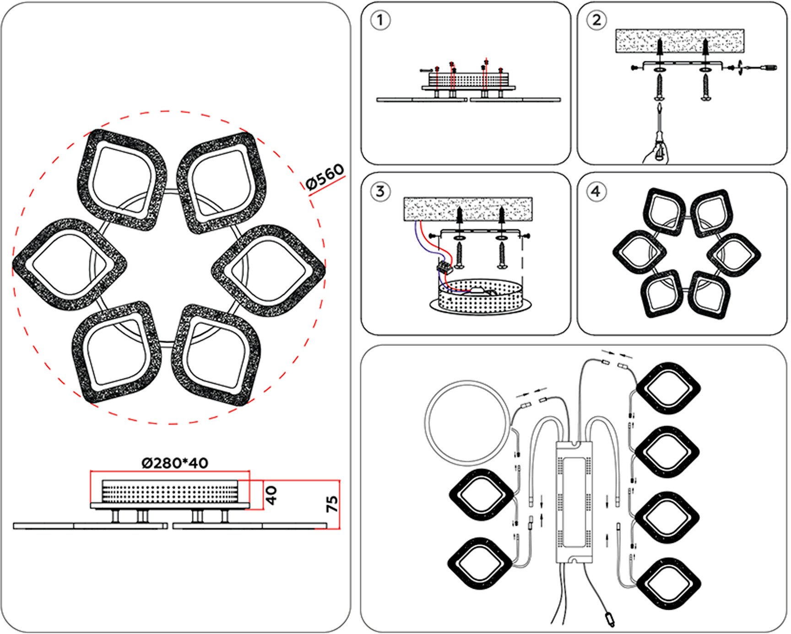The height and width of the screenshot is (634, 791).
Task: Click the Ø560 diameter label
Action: point(325,176)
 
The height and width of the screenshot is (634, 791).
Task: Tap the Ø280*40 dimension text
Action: point(175,463)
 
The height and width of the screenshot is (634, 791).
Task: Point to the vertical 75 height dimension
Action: point(333,504)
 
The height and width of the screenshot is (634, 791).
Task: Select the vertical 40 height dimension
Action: point(271,495)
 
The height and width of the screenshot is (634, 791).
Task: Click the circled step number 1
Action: point(380,21)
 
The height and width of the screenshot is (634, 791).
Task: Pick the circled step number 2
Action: point(596,21)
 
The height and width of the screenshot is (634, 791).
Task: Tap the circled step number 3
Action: point(380,191)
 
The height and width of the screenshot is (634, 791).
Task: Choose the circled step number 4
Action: point(596,191)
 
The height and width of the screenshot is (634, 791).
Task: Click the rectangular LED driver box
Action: point(574,502)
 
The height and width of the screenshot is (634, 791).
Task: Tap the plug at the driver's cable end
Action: point(610,619)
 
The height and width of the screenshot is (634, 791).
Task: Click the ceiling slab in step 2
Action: point(679,40)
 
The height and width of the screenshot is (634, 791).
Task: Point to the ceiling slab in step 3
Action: point(467,208)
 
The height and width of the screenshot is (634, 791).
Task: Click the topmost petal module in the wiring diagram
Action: point(667,388)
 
